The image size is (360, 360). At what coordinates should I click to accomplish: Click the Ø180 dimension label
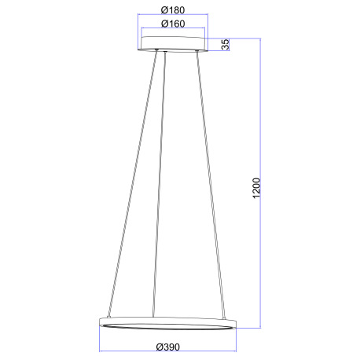[173, 9]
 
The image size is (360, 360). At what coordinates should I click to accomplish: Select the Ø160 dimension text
[173, 24]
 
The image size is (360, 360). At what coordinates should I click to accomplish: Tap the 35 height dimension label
[226, 45]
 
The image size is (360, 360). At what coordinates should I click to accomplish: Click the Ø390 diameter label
[169, 346]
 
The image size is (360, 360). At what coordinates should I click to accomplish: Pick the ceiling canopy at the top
[172, 45]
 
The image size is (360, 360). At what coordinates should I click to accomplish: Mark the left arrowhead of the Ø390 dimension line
[101, 351]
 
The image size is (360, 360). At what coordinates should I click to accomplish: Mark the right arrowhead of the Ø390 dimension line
[236, 351]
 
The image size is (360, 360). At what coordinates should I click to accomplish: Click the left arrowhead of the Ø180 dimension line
[138, 15]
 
